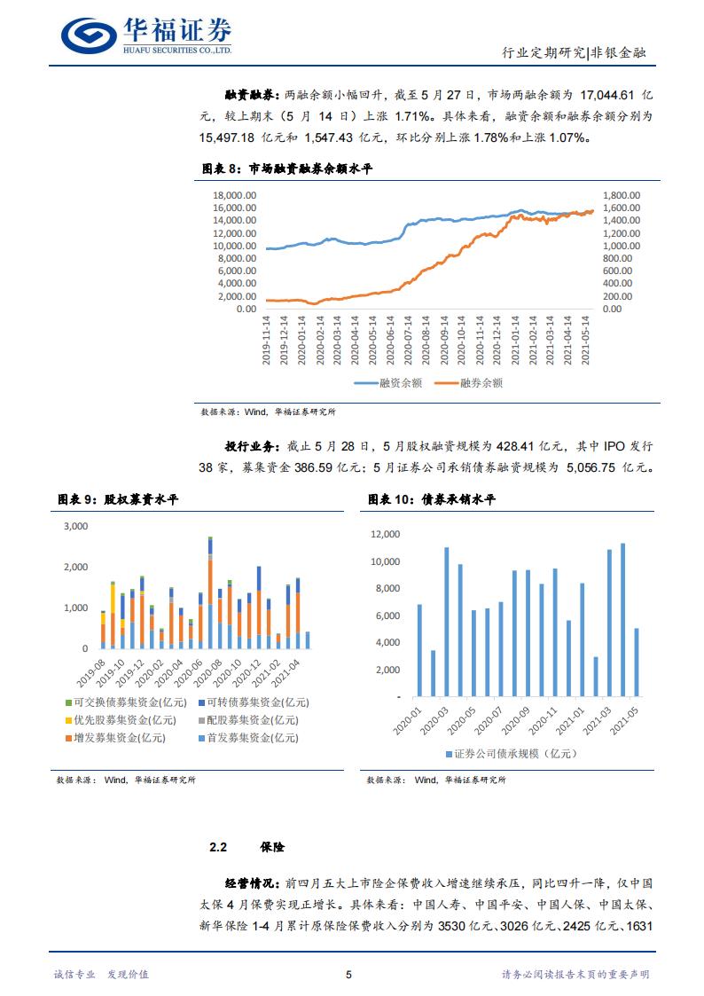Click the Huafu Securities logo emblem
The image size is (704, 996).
tap(89, 35)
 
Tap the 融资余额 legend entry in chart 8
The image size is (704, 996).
tap(389, 383)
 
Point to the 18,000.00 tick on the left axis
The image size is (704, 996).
tap(235, 195)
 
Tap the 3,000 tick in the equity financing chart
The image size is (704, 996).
tap(75, 526)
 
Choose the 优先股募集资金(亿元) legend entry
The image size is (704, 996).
tap(119, 719)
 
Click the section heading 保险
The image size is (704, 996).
tap(273, 848)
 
